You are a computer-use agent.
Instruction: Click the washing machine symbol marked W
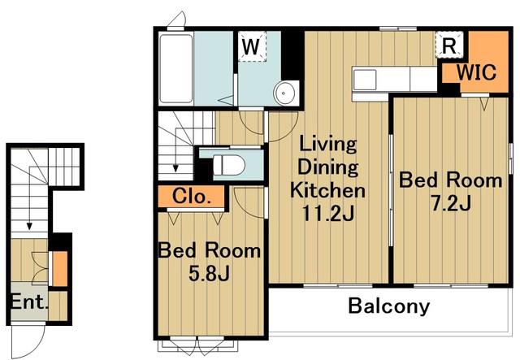[252, 46]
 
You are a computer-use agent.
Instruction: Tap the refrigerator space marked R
[449, 45]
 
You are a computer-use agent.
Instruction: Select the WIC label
[477, 72]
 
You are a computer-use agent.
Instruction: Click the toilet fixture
[228, 165]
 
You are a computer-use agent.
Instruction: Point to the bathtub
[176, 68]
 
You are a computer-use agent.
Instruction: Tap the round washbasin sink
[284, 93]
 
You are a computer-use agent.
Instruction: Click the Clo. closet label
[192, 197]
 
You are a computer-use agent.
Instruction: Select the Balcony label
[389, 306]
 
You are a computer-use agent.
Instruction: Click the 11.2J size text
[328, 214]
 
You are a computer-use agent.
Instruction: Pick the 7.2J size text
[451, 203]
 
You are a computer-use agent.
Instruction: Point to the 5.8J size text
[209, 274]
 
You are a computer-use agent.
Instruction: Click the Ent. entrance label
[28, 302]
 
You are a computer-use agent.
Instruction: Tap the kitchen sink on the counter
[365, 80]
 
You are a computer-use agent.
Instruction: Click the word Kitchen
[327, 190]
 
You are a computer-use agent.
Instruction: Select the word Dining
[328, 167]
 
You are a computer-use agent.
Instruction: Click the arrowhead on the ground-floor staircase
[29, 226]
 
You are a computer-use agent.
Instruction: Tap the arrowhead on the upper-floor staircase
[175, 168]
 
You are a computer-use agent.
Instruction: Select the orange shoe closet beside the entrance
[60, 269]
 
